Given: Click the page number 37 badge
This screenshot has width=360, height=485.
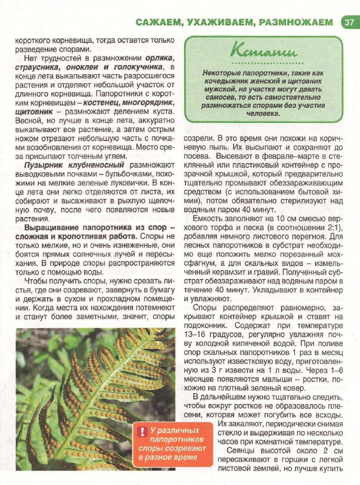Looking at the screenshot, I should [x=350, y=22].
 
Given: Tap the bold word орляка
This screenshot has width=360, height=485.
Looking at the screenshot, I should [x=162, y=59].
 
